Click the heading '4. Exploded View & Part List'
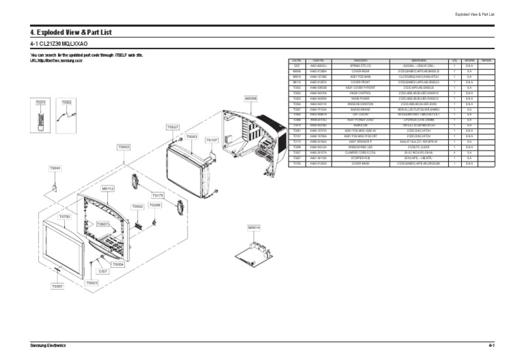70,32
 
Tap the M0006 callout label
251,98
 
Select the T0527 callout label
173,127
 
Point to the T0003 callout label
123,147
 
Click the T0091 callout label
55,168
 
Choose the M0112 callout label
108,187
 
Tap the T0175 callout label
158,195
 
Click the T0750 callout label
65,216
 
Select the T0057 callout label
57,286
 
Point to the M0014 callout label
254,226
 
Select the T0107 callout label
212,140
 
